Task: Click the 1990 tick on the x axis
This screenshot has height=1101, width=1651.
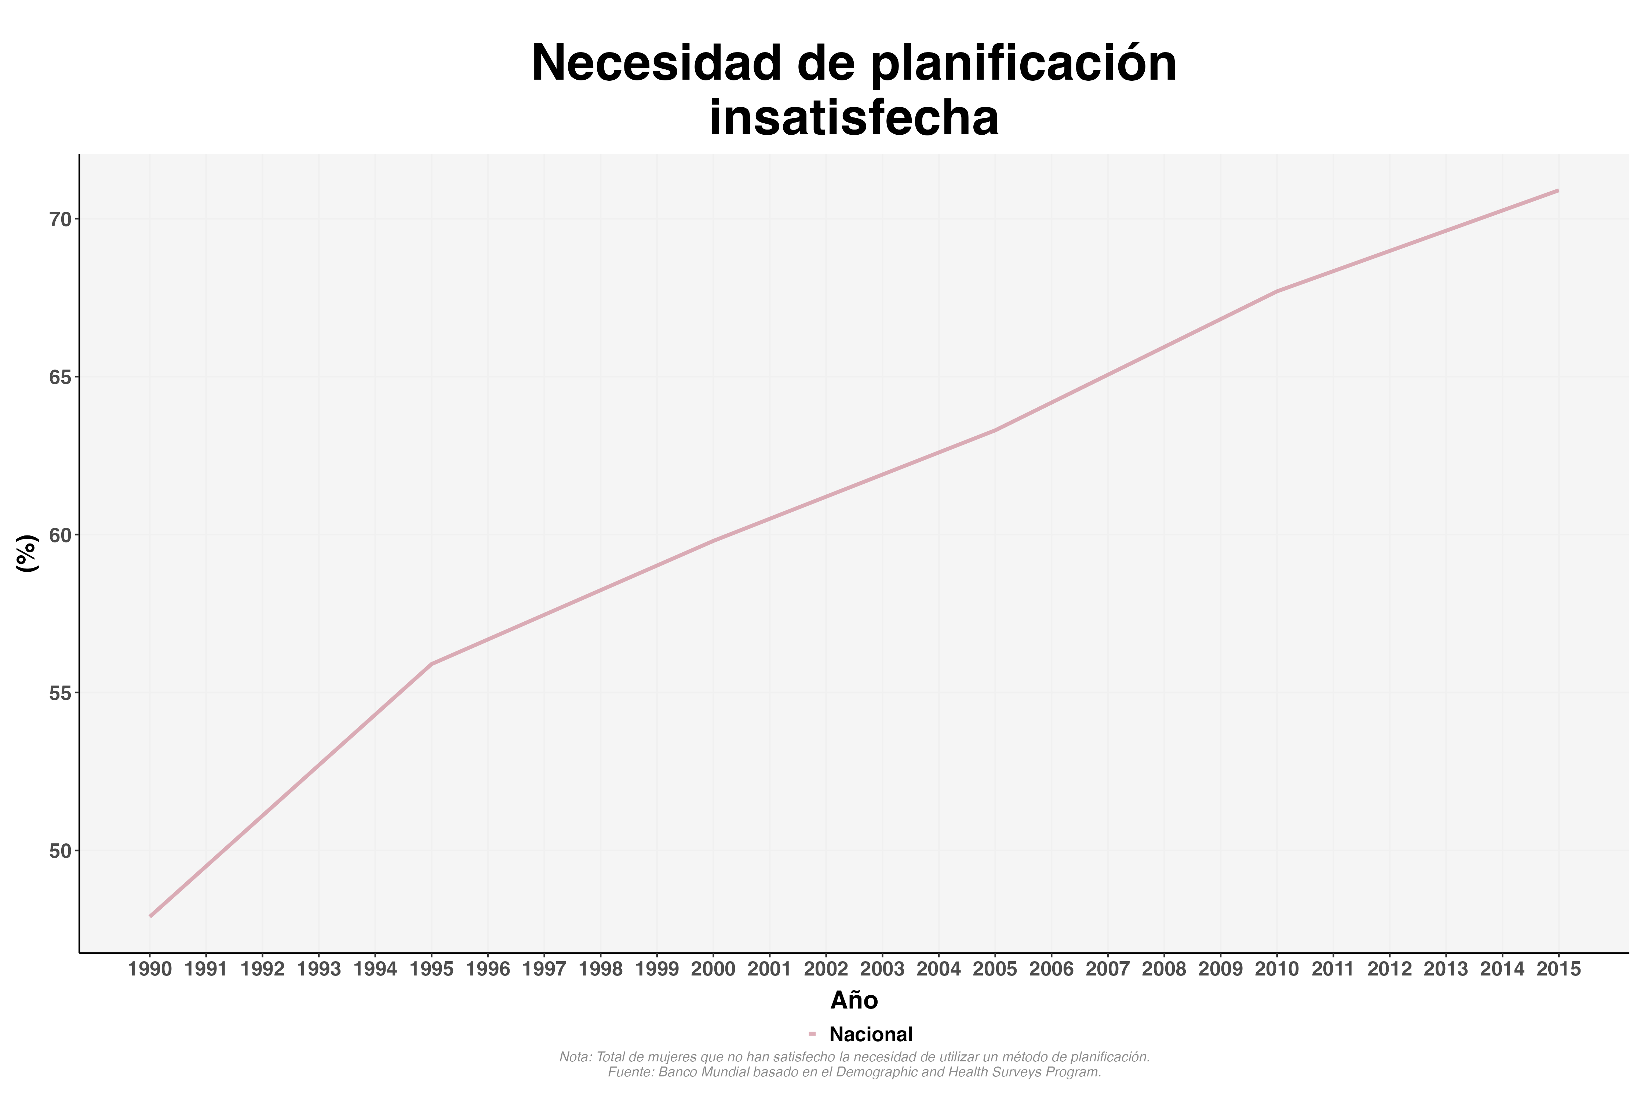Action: [x=150, y=970]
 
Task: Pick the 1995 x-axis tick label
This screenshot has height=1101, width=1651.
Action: [x=432, y=970]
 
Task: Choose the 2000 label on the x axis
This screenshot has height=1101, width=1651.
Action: [x=713, y=970]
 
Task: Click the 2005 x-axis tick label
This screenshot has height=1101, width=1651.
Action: [x=995, y=970]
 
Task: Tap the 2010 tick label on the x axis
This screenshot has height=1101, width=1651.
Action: [x=1276, y=970]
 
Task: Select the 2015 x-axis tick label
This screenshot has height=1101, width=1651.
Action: [x=1558, y=970]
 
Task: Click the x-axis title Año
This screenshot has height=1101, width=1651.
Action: [x=854, y=1000]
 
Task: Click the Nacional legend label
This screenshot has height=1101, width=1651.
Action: [x=870, y=1034]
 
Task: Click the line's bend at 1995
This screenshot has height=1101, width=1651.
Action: [x=432, y=664]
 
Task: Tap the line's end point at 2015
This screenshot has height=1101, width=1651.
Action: [x=1558, y=190]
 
